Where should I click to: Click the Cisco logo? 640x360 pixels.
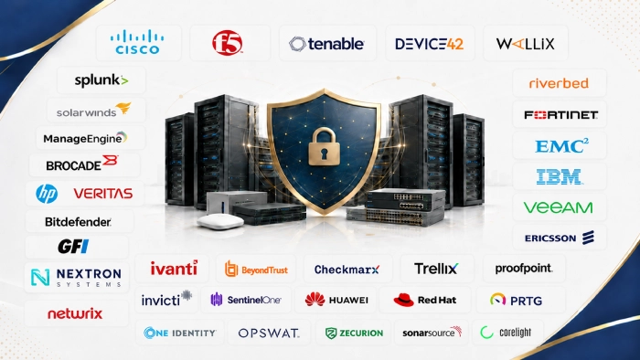(x=137, y=42)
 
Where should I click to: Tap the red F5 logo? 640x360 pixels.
(x=228, y=43)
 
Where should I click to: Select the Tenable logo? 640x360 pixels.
(x=326, y=44)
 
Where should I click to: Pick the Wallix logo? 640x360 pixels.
(x=526, y=44)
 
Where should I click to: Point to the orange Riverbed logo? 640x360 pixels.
(x=559, y=83)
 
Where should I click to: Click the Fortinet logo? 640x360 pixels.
(x=560, y=115)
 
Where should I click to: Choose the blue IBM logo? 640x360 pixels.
(x=560, y=177)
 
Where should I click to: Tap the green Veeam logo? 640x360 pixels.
(x=558, y=207)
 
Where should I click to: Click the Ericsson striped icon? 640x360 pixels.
(x=588, y=238)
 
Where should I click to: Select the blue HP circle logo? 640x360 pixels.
(x=47, y=194)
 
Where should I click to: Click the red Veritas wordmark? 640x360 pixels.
(x=102, y=194)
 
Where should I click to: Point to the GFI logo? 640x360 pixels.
(x=73, y=247)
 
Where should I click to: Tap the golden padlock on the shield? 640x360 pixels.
(x=324, y=146)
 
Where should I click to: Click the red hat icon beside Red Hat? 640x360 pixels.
(x=403, y=300)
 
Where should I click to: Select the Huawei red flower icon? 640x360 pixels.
(x=315, y=300)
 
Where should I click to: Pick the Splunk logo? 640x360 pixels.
(x=101, y=80)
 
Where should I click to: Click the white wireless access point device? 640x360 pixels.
(x=220, y=221)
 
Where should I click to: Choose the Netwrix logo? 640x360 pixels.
(x=75, y=313)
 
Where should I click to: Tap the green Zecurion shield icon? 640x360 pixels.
(x=331, y=334)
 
